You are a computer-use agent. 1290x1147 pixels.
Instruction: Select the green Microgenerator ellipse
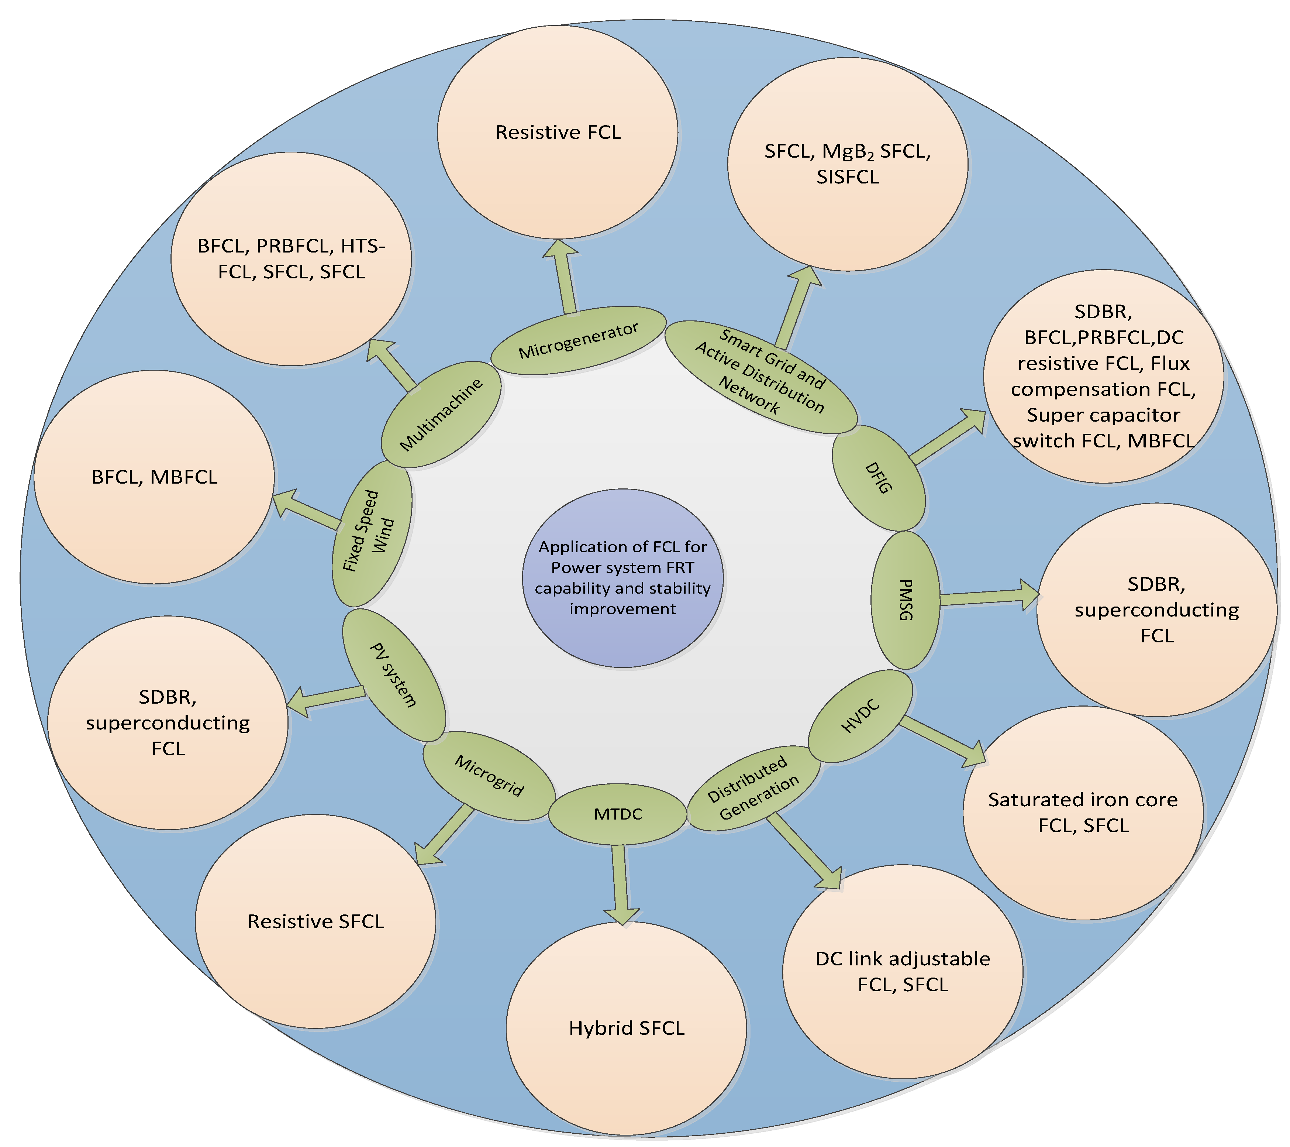coord(578,341)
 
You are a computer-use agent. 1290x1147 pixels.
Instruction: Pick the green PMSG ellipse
coord(905,600)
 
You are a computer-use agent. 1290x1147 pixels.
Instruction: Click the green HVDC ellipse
coord(860,717)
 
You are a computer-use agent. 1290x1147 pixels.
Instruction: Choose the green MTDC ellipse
coord(617,814)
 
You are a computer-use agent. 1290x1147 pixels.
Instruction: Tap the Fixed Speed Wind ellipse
coord(372,533)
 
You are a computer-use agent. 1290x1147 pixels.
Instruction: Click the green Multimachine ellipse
coord(441,415)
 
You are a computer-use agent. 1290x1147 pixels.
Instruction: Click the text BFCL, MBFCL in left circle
coord(155,477)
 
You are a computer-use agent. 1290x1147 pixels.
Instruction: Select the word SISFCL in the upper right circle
coord(847,177)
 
